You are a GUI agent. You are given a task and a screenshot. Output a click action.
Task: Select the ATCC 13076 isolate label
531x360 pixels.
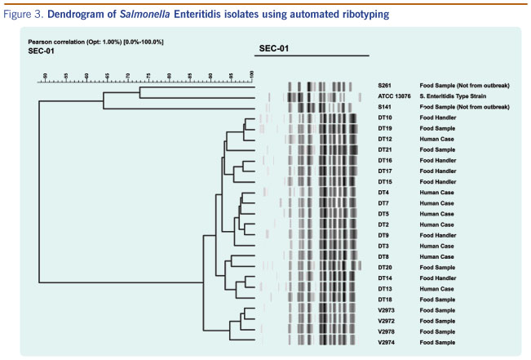(x=392, y=96)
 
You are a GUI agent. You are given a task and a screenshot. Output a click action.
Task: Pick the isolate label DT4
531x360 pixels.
(x=383, y=192)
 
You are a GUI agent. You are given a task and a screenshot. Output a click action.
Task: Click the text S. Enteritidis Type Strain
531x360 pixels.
(x=454, y=96)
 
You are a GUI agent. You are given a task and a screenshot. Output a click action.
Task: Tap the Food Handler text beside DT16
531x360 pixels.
(x=438, y=160)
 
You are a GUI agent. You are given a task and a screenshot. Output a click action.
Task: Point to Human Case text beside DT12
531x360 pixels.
(x=436, y=139)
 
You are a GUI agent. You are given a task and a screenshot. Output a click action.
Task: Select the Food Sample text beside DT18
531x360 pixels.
(x=437, y=300)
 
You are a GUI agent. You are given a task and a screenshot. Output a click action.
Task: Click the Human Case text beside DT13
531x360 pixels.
(x=436, y=289)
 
